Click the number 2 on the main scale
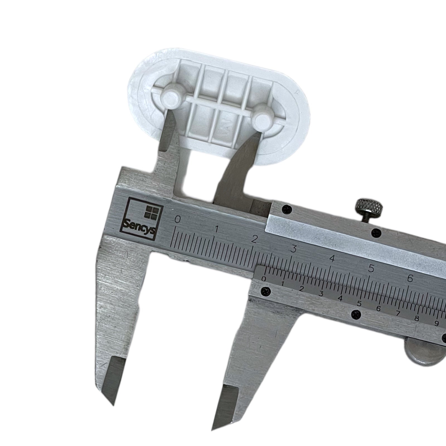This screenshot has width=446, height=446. tap(254, 239)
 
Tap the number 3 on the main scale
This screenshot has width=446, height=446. tap(293, 249)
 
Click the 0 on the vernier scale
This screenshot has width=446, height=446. tap(264, 279)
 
